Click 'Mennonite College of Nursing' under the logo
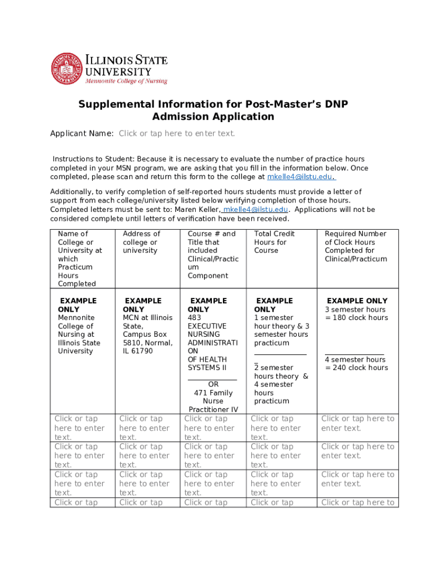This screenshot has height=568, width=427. pyautogui.click(x=125, y=81)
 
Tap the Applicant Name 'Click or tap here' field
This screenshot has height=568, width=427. pyautogui.click(x=177, y=133)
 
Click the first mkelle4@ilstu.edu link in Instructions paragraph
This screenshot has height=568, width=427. pyautogui.click(x=300, y=177)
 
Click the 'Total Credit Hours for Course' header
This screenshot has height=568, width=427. pyautogui.click(x=274, y=242)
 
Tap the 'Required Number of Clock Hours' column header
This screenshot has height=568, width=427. pyautogui.click(x=355, y=246)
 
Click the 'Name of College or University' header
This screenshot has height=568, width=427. pyautogui.click(x=79, y=258)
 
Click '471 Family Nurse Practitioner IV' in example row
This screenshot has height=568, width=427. pyautogui.click(x=213, y=401)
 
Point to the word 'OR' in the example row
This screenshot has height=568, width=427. pyautogui.click(x=213, y=384)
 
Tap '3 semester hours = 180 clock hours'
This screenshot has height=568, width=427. pyautogui.click(x=356, y=314)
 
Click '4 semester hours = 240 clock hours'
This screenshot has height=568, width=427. pyautogui.click(x=356, y=364)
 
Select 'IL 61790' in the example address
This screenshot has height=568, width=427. pyautogui.click(x=138, y=351)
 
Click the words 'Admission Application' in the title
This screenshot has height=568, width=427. pyautogui.click(x=213, y=116)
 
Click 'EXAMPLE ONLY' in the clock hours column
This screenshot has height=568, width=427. pyautogui.click(x=357, y=301)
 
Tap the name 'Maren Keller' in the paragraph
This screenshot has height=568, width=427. pyautogui.click(x=198, y=210)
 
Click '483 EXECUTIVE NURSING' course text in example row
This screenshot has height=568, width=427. pyautogui.click(x=207, y=326)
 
